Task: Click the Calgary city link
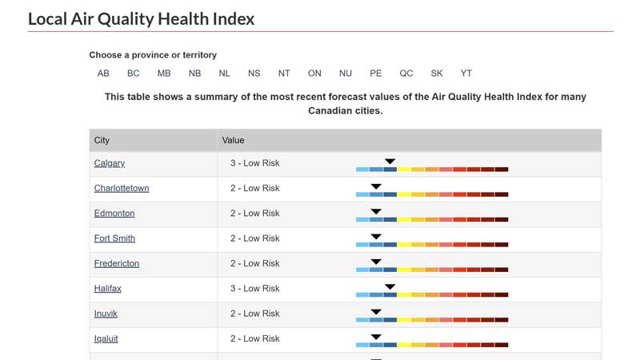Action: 110,163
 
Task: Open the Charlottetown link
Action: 122,188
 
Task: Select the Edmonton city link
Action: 114,214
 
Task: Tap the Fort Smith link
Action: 114,238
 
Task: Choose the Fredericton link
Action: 117,263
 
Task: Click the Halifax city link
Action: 108,289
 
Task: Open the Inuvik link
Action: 106,314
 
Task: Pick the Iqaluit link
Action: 106,338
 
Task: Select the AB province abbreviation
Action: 103,74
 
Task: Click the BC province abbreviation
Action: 134,74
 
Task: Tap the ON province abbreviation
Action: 314,74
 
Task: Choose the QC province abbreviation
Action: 406,74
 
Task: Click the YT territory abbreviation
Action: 466,74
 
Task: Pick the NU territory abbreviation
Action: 346,74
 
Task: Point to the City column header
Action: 102,140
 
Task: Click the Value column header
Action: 233,140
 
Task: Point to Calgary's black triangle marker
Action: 390,162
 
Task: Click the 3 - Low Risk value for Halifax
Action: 255,289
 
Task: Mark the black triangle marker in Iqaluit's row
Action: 376,337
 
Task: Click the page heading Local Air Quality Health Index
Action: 141,18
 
